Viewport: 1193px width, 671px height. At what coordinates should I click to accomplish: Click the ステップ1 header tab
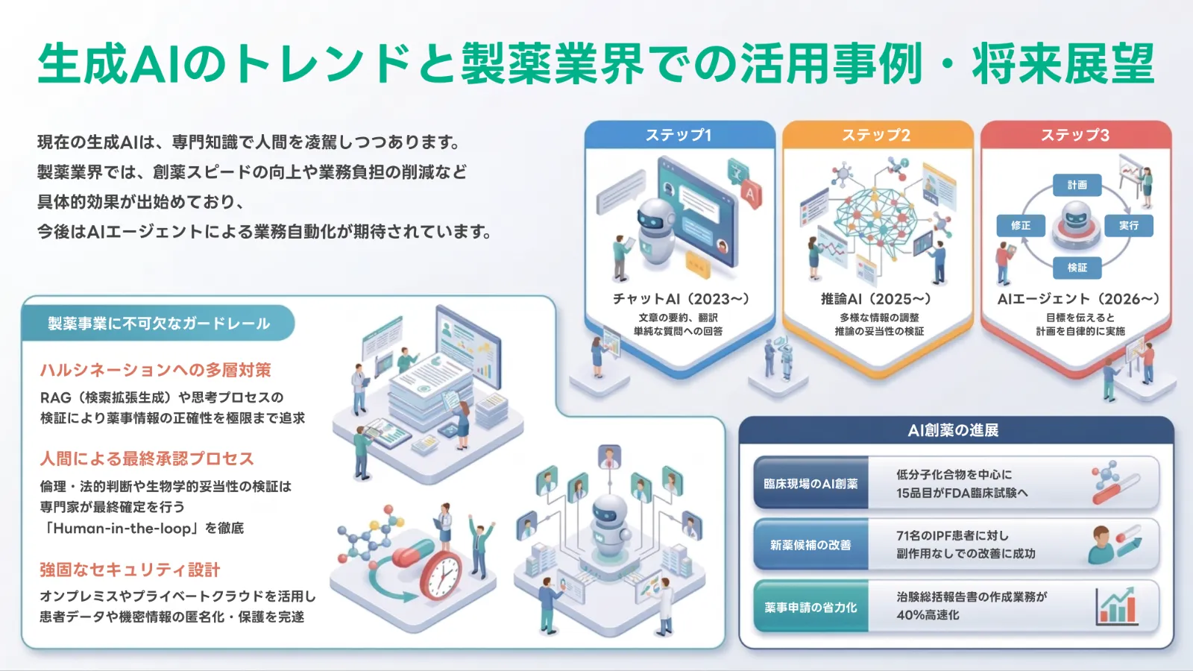(679, 135)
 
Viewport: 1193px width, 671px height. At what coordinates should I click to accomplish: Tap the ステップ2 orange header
(877, 135)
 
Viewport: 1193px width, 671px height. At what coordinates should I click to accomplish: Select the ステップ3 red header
(1075, 135)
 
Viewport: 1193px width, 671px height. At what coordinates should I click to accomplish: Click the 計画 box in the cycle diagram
(1077, 185)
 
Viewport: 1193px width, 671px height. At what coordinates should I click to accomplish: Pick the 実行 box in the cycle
(1128, 225)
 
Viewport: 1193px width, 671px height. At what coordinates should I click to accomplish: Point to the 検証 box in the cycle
(1077, 267)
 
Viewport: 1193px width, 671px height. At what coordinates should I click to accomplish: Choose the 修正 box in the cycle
(1021, 225)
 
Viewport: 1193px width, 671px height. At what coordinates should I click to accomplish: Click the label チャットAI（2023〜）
(680, 299)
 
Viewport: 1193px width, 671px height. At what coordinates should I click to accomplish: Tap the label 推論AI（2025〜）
(877, 299)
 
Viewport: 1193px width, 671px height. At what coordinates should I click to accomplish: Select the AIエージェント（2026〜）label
(1078, 299)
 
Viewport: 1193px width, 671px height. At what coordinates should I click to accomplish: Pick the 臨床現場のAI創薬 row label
(810, 484)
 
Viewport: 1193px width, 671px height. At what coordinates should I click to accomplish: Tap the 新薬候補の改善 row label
(810, 545)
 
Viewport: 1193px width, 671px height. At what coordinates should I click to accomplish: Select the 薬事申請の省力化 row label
(810, 607)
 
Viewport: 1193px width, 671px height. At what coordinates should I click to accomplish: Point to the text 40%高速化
(928, 615)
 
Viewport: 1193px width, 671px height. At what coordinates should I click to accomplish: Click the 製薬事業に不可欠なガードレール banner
(159, 324)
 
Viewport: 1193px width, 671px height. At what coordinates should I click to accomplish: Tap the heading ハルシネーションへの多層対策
(156, 370)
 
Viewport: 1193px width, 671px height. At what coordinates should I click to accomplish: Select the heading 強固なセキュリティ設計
(130, 570)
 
